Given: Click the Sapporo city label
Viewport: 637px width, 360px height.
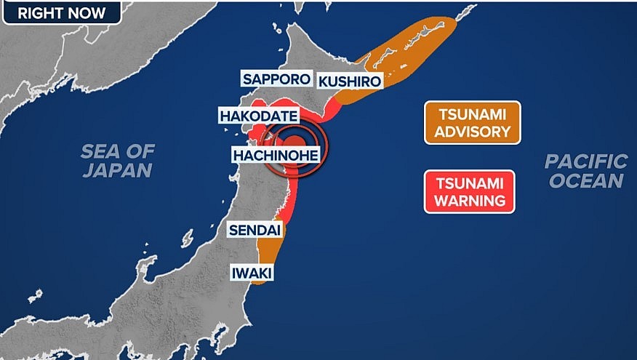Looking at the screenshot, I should [x=276, y=79].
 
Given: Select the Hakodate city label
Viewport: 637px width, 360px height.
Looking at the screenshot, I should [x=258, y=116].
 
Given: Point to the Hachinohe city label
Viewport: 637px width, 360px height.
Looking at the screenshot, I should [x=276, y=154].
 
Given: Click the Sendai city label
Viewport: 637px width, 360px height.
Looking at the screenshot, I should [x=252, y=230].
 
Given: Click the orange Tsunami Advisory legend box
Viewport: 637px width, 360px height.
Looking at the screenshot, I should [x=473, y=122].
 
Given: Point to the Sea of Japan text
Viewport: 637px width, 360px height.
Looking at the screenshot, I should [x=117, y=161].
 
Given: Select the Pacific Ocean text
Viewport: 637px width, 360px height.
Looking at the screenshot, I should [x=586, y=171].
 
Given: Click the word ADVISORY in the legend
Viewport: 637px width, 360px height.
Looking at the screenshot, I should [x=473, y=132].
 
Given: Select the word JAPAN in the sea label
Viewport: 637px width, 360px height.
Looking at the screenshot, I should [x=117, y=171].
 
